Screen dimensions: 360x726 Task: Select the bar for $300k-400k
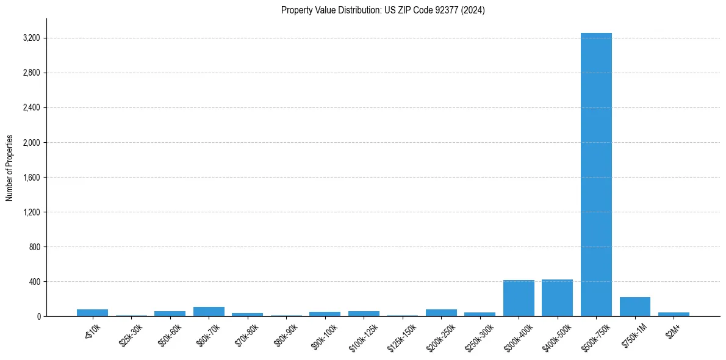coord(519,298)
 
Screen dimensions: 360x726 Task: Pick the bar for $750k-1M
coord(634,307)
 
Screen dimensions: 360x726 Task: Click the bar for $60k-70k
coord(209,311)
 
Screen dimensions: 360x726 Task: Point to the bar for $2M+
coord(674,314)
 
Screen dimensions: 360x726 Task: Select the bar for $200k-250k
coord(441,312)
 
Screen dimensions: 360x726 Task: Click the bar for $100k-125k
coord(364,314)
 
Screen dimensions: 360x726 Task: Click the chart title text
coord(383,10)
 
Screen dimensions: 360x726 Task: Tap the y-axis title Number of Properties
coord(10,168)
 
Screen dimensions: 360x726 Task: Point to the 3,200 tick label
coord(31,38)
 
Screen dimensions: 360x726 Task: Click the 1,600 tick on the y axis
coord(31,178)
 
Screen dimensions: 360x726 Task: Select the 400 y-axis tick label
coord(34,282)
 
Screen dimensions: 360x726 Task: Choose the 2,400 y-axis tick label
coord(31,108)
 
